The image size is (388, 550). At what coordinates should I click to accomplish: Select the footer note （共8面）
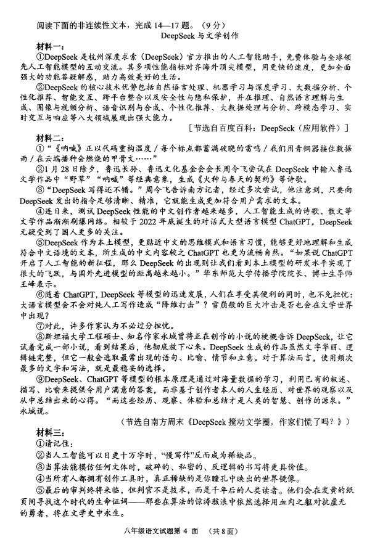tap(224, 532)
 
